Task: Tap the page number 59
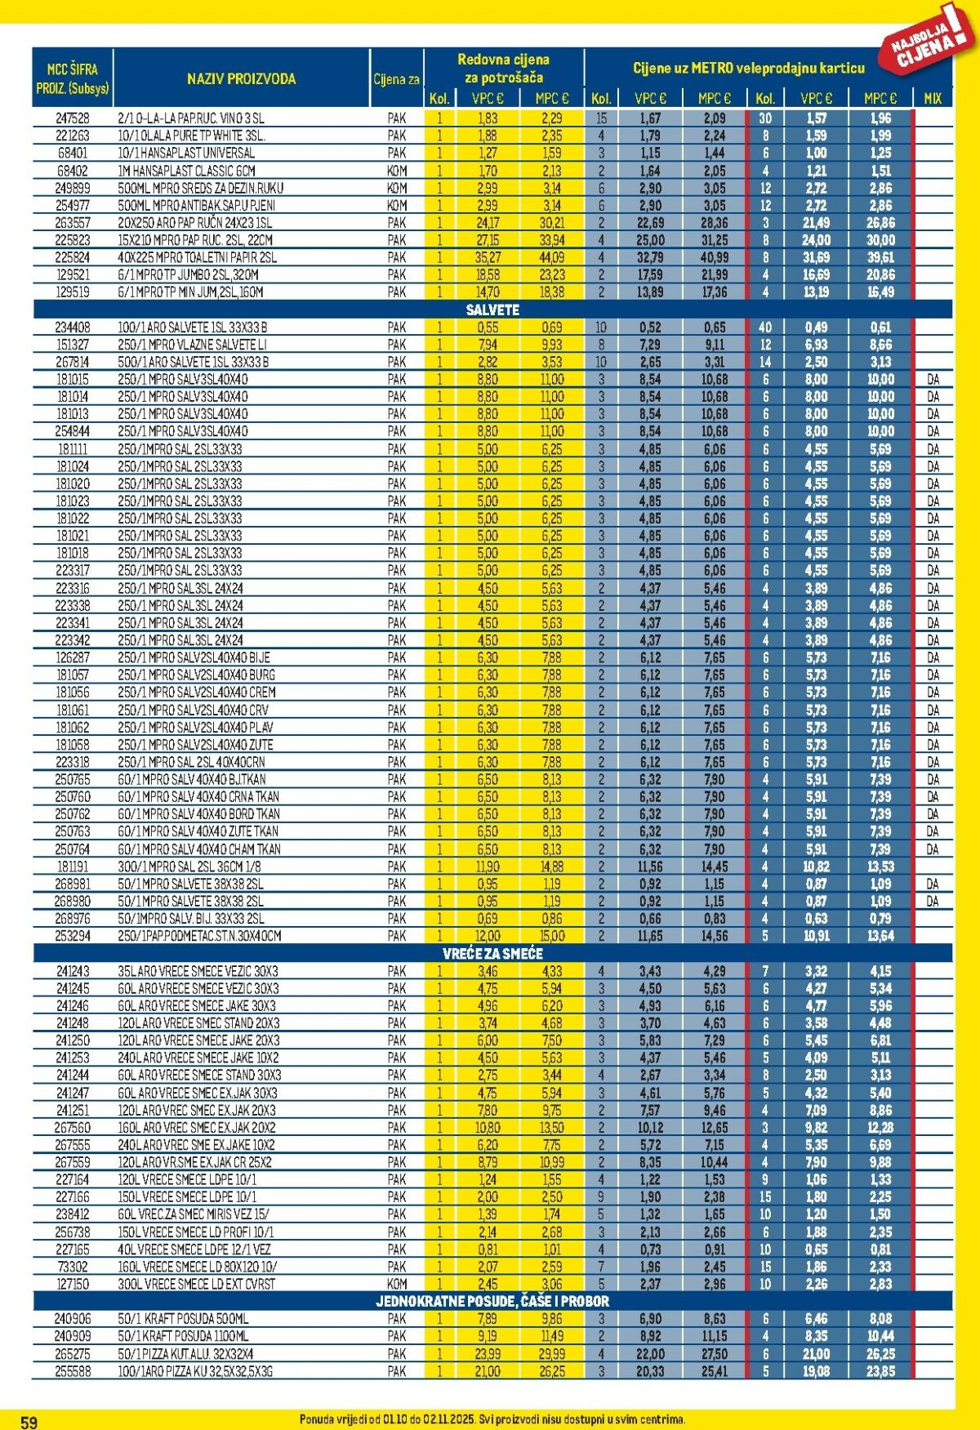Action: point(29,1422)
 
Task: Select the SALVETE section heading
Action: point(492,310)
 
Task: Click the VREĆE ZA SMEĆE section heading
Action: point(492,953)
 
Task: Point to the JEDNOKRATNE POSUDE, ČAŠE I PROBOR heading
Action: point(492,1301)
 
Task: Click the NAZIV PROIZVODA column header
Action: point(241,79)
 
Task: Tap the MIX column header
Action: point(933,98)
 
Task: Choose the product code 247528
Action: point(73,118)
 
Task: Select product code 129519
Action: point(73,292)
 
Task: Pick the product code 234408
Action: point(73,327)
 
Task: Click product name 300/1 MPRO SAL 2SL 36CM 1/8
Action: point(189,866)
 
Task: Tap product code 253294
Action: point(73,936)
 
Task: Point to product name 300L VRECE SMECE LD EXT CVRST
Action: point(196,1284)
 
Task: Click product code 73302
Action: point(73,1267)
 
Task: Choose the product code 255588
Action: point(73,1371)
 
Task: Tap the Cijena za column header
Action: point(397,79)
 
